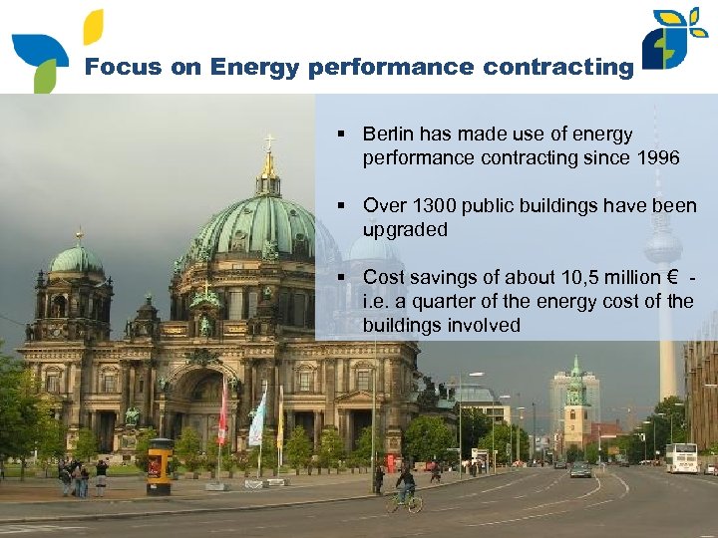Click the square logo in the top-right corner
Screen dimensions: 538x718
click(x=677, y=39)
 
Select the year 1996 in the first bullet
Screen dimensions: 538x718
click(x=657, y=157)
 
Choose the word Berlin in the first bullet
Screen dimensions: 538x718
click(x=388, y=134)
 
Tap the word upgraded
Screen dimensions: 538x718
click(x=405, y=229)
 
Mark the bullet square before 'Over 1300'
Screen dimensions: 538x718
click(x=340, y=206)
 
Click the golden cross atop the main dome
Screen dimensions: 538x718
click(x=267, y=145)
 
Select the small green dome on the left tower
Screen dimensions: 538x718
click(x=78, y=260)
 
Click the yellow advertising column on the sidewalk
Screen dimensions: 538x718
click(x=159, y=466)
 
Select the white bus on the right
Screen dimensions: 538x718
click(x=681, y=457)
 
